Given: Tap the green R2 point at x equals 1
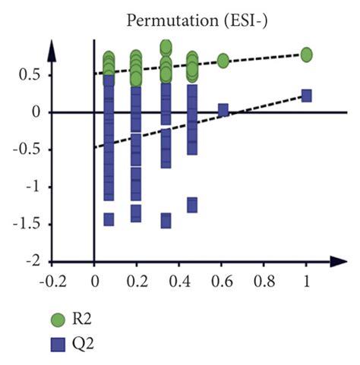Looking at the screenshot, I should [x=306, y=55].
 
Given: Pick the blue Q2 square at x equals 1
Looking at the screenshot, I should [x=306, y=95].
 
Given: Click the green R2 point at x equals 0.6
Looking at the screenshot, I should [x=223, y=60].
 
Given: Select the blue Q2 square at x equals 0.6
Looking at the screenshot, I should [x=223, y=110].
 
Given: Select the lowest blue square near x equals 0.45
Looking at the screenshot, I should [x=191, y=205].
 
